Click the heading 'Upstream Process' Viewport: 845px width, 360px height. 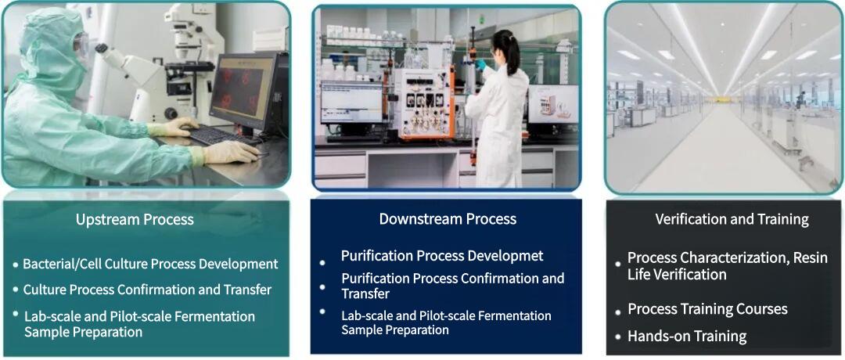coord(135,220)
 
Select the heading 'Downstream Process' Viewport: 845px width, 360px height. coord(448,219)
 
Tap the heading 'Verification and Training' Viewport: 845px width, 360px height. coord(732,220)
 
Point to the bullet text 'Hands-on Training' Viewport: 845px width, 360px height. coord(687,337)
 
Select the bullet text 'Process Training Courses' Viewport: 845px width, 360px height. coord(707,309)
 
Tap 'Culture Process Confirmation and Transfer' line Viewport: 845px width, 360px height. coord(147,290)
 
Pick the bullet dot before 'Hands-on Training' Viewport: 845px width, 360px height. coord(617,337)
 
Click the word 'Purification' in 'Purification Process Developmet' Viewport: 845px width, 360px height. coord(377,256)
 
